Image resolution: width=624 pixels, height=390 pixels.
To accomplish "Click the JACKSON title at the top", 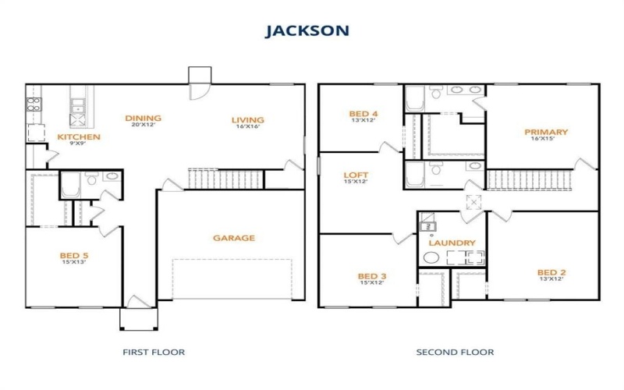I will [307, 31].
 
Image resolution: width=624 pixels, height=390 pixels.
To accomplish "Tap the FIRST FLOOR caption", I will [154, 352].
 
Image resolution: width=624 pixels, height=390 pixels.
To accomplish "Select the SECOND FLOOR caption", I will [455, 352].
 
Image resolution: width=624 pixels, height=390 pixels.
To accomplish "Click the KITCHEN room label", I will [79, 137].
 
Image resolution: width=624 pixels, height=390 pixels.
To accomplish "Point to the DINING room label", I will [143, 119].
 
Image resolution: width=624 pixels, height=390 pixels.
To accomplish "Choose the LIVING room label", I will [247, 120].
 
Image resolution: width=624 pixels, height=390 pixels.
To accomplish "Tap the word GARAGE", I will [234, 238].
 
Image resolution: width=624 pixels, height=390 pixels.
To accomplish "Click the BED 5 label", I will [74, 254].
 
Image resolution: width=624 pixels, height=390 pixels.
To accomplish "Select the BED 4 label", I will [363, 114].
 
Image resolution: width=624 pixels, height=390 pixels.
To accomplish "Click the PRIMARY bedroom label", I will [546, 132].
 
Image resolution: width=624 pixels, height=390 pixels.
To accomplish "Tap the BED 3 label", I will [372, 276].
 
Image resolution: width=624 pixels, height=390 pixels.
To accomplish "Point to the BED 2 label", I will [551, 272].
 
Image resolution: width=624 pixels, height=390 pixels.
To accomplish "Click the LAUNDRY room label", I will [452, 243].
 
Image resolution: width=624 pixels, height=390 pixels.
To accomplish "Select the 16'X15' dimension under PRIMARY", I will [546, 140].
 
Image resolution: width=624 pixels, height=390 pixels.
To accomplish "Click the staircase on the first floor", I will [225, 179].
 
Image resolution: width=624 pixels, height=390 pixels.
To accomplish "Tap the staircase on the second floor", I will [529, 180].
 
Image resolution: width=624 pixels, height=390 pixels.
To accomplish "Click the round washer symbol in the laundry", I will [432, 259].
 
